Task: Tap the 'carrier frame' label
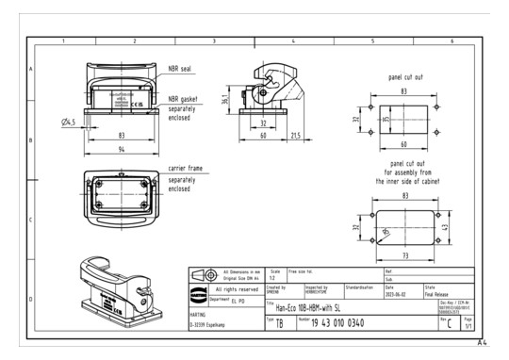[187, 168]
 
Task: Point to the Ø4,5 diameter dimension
[69, 122]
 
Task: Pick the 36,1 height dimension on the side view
[222, 99]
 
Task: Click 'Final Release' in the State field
[443, 292]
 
